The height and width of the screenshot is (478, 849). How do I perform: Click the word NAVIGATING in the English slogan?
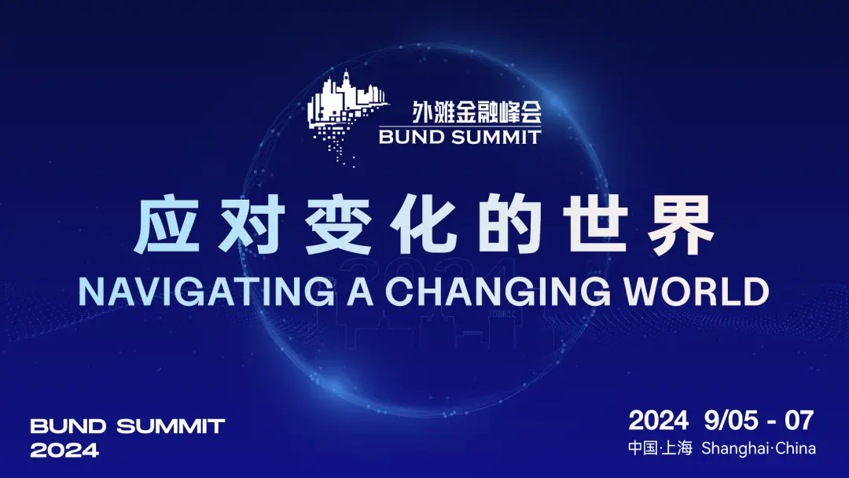tap(207, 291)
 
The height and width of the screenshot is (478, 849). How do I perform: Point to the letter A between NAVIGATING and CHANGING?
tap(360, 291)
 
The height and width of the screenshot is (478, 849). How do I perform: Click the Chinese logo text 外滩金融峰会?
tap(476, 112)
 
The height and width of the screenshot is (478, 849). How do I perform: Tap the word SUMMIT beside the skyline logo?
tap(496, 137)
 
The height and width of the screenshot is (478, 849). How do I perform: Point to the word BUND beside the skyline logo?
tap(411, 137)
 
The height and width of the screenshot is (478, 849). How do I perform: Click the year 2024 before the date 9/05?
tap(658, 420)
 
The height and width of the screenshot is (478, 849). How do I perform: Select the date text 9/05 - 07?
tap(759, 420)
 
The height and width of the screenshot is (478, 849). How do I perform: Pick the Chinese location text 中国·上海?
tap(660, 448)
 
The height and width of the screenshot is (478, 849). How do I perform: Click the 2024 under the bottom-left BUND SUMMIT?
tap(64, 450)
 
